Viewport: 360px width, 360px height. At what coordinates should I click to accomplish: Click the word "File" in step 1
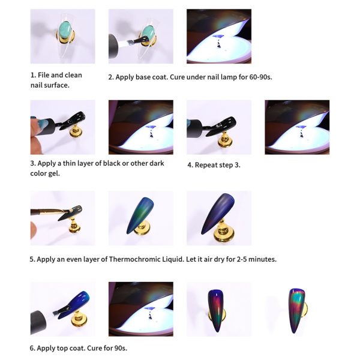43,75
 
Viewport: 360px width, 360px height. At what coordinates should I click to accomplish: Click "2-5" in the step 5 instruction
242,259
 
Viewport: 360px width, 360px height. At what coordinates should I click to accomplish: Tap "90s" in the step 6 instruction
121,348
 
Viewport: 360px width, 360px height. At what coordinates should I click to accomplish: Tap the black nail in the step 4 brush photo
221,126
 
